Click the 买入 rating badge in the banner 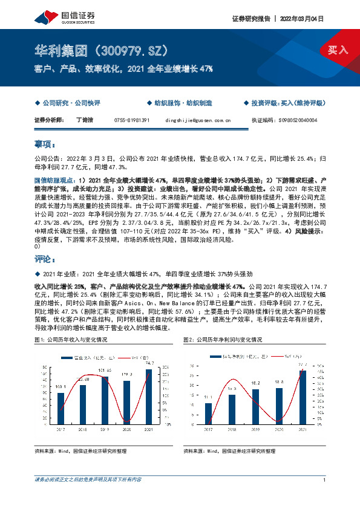pyautogui.click(x=338, y=50)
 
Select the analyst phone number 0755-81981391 pyautogui.click(x=132, y=120)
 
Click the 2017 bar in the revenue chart pyautogui.click(x=61, y=408)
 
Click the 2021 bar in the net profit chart pyautogui.click(x=303, y=396)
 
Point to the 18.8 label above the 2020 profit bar pyautogui.click(x=280, y=383)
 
